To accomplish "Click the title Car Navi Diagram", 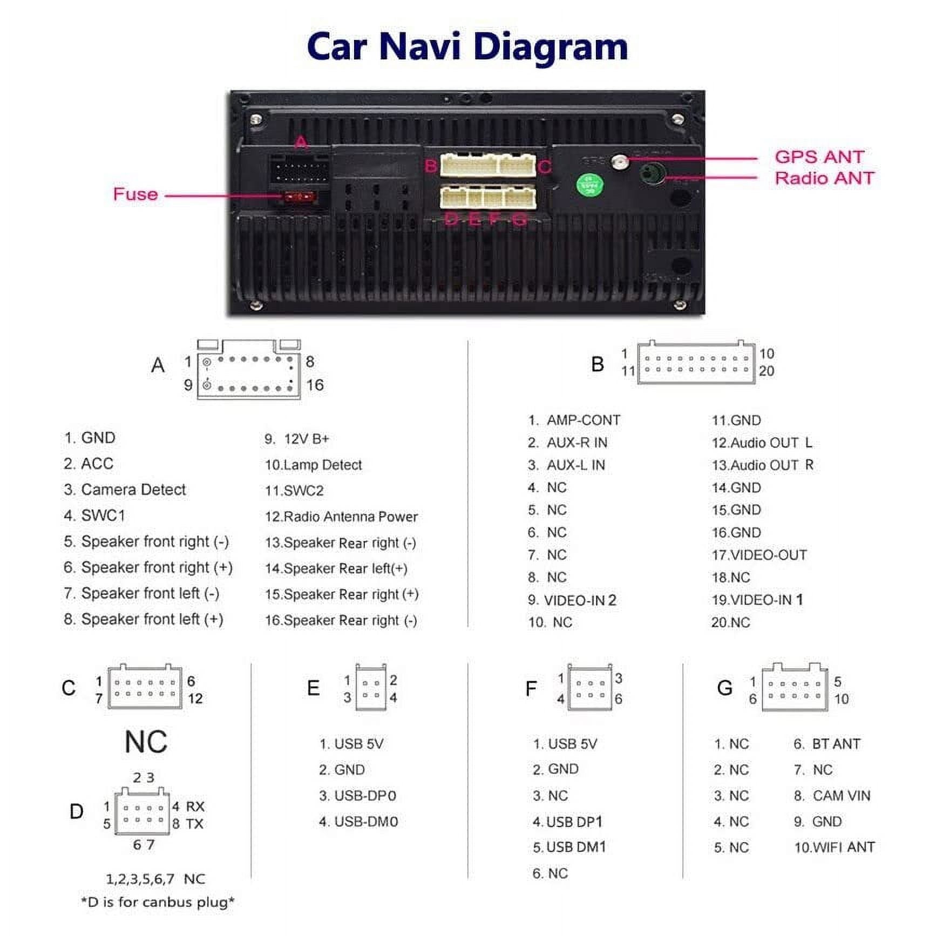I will [x=467, y=46].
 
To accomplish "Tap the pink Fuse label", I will [x=135, y=194].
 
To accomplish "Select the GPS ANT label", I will [x=819, y=157].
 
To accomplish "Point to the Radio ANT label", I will [x=824, y=178].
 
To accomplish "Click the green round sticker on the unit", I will [x=589, y=185].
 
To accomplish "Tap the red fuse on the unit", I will [x=299, y=197].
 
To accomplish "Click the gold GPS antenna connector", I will [x=620, y=161].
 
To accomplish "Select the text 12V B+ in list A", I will [x=306, y=439].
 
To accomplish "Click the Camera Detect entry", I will [x=133, y=490].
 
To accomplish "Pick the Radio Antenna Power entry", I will [x=350, y=517].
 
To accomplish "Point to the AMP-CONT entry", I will [x=583, y=420].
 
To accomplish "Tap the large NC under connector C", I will [x=146, y=742].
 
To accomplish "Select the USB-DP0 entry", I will [x=365, y=796].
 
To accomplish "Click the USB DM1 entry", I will [x=576, y=847].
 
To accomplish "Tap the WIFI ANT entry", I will [x=843, y=847].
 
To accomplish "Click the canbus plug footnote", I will [x=158, y=902].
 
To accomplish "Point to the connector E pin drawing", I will [x=371, y=689].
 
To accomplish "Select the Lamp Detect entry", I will [x=322, y=465].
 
